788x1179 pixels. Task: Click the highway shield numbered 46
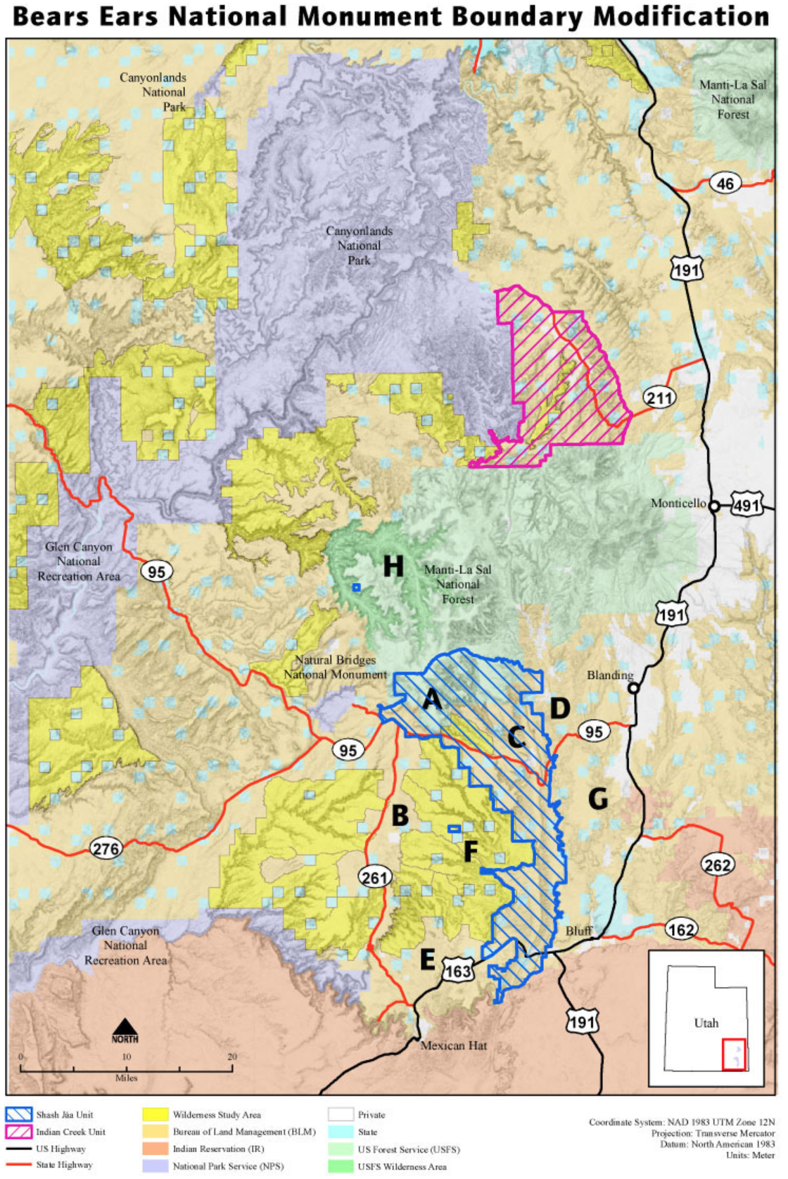[725, 184]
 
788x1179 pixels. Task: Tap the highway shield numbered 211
[659, 398]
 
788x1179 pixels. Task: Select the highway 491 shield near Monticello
[746, 505]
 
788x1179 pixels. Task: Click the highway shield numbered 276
[106, 848]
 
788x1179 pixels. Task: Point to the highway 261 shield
[374, 877]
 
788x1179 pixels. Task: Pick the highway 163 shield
[457, 971]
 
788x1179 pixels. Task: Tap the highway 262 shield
[717, 865]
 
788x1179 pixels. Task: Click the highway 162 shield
[680, 930]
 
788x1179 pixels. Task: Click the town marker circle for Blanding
[633, 688]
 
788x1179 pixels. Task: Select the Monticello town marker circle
[713, 506]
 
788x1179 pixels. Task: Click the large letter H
[393, 566]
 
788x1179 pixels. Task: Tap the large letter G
[597, 798]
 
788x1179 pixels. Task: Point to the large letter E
[427, 960]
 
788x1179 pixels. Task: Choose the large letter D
[559, 708]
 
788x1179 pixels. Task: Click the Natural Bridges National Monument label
[335, 667]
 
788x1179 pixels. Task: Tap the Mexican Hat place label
[453, 1045]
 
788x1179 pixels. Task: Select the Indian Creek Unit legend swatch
[18, 1132]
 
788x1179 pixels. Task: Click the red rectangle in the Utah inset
[734, 1054]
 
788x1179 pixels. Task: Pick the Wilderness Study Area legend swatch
[155, 1115]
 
